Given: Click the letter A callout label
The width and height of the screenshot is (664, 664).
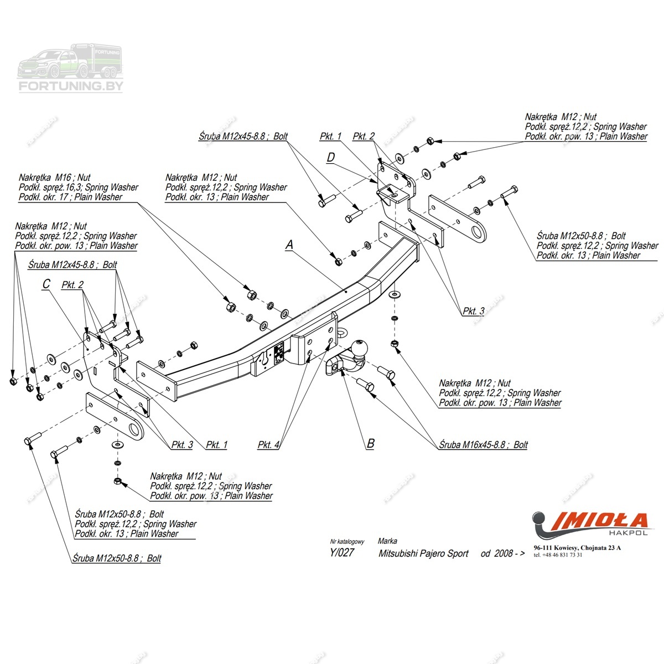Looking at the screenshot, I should (x=289, y=245).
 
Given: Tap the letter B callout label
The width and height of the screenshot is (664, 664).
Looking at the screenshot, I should (x=371, y=443).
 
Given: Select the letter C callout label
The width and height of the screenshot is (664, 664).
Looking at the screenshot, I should (x=46, y=284).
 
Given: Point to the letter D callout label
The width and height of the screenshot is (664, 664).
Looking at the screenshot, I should (x=331, y=158).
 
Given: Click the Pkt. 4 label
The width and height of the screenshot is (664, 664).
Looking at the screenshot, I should (x=268, y=445).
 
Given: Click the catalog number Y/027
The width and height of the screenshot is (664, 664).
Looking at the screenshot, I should (x=341, y=552).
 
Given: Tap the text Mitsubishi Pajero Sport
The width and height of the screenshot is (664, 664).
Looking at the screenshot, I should (x=423, y=553).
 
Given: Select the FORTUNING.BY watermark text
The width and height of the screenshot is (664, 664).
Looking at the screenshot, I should (x=71, y=86).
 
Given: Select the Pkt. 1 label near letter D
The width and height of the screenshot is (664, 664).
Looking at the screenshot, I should (x=330, y=136).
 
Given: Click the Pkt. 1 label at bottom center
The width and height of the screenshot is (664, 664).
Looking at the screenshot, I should (x=216, y=444).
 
